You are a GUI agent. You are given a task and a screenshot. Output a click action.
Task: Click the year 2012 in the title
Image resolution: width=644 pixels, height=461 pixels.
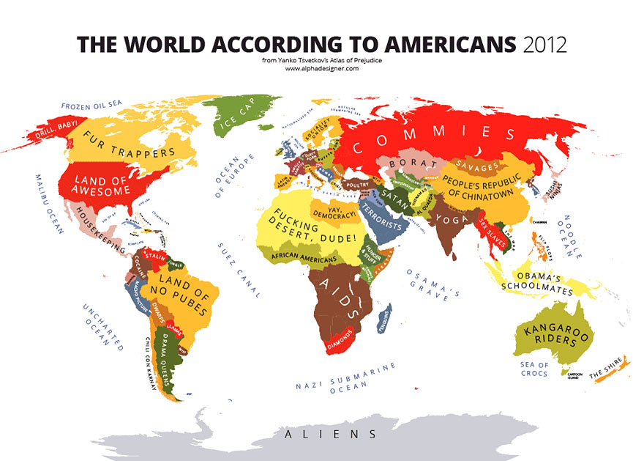pyautogui.click(x=545, y=44)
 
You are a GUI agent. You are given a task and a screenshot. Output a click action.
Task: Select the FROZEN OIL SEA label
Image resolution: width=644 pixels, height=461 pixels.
pyautogui.click(x=91, y=106)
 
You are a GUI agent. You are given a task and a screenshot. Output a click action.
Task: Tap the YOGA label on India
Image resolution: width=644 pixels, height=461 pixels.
pyautogui.click(x=448, y=218)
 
